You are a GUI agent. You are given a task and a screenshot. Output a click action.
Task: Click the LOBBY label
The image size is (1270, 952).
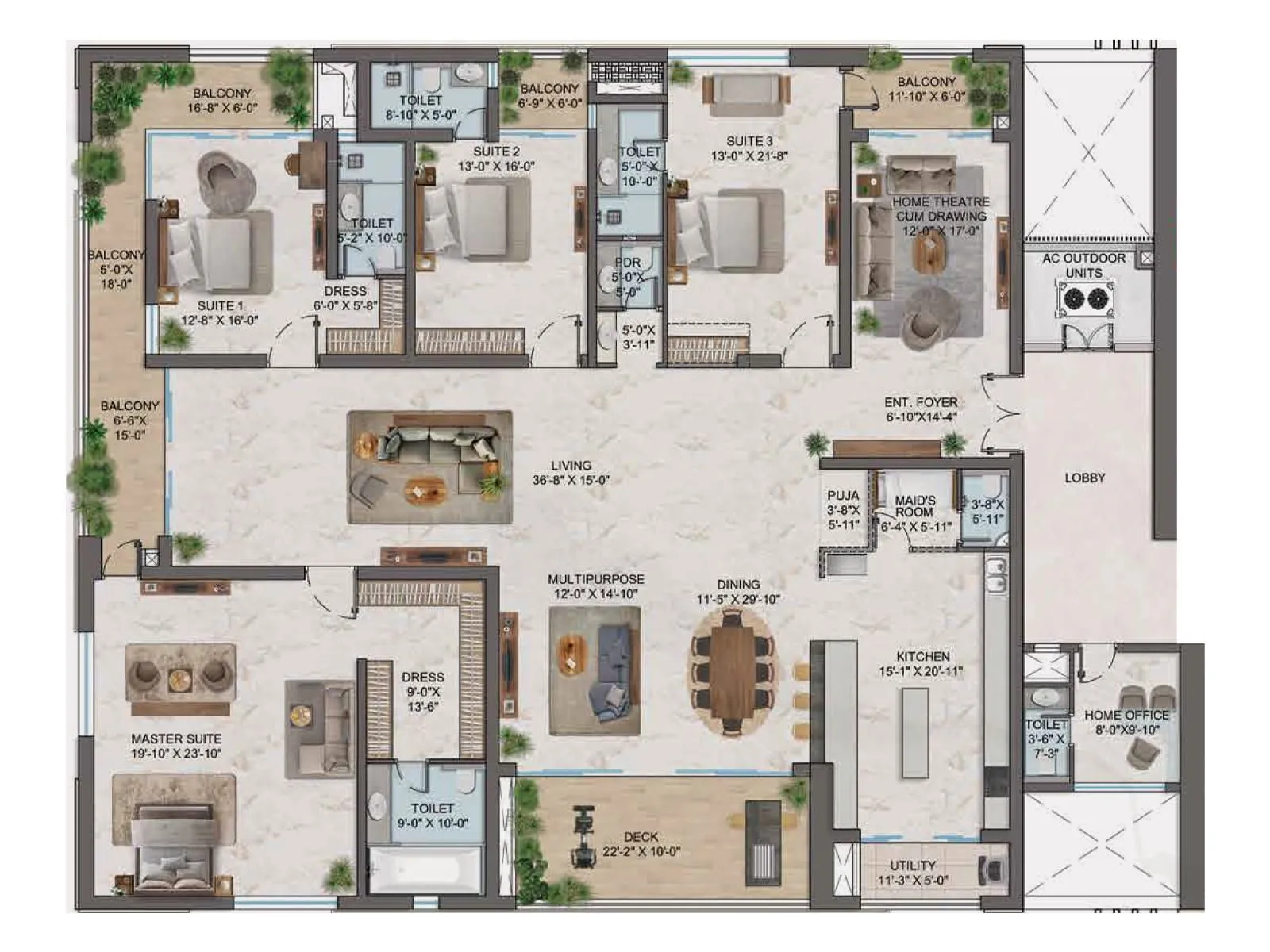(1084, 478)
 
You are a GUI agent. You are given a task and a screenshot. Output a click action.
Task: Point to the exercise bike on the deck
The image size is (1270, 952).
(583, 837)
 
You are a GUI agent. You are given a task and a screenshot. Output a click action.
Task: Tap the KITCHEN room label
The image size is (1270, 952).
(922, 656)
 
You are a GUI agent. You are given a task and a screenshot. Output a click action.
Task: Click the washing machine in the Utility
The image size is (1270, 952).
(993, 869)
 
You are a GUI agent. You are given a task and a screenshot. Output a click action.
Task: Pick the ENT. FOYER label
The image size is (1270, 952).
(921, 402)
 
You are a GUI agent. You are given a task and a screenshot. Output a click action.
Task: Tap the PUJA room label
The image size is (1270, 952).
(843, 495)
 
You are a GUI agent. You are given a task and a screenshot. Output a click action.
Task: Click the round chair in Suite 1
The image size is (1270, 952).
(227, 181)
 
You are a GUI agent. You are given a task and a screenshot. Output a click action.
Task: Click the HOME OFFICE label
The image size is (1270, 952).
(1126, 715)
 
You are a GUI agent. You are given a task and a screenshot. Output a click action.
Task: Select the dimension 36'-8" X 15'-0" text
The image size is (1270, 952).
(571, 480)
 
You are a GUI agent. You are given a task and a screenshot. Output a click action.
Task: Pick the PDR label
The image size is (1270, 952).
(627, 263)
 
